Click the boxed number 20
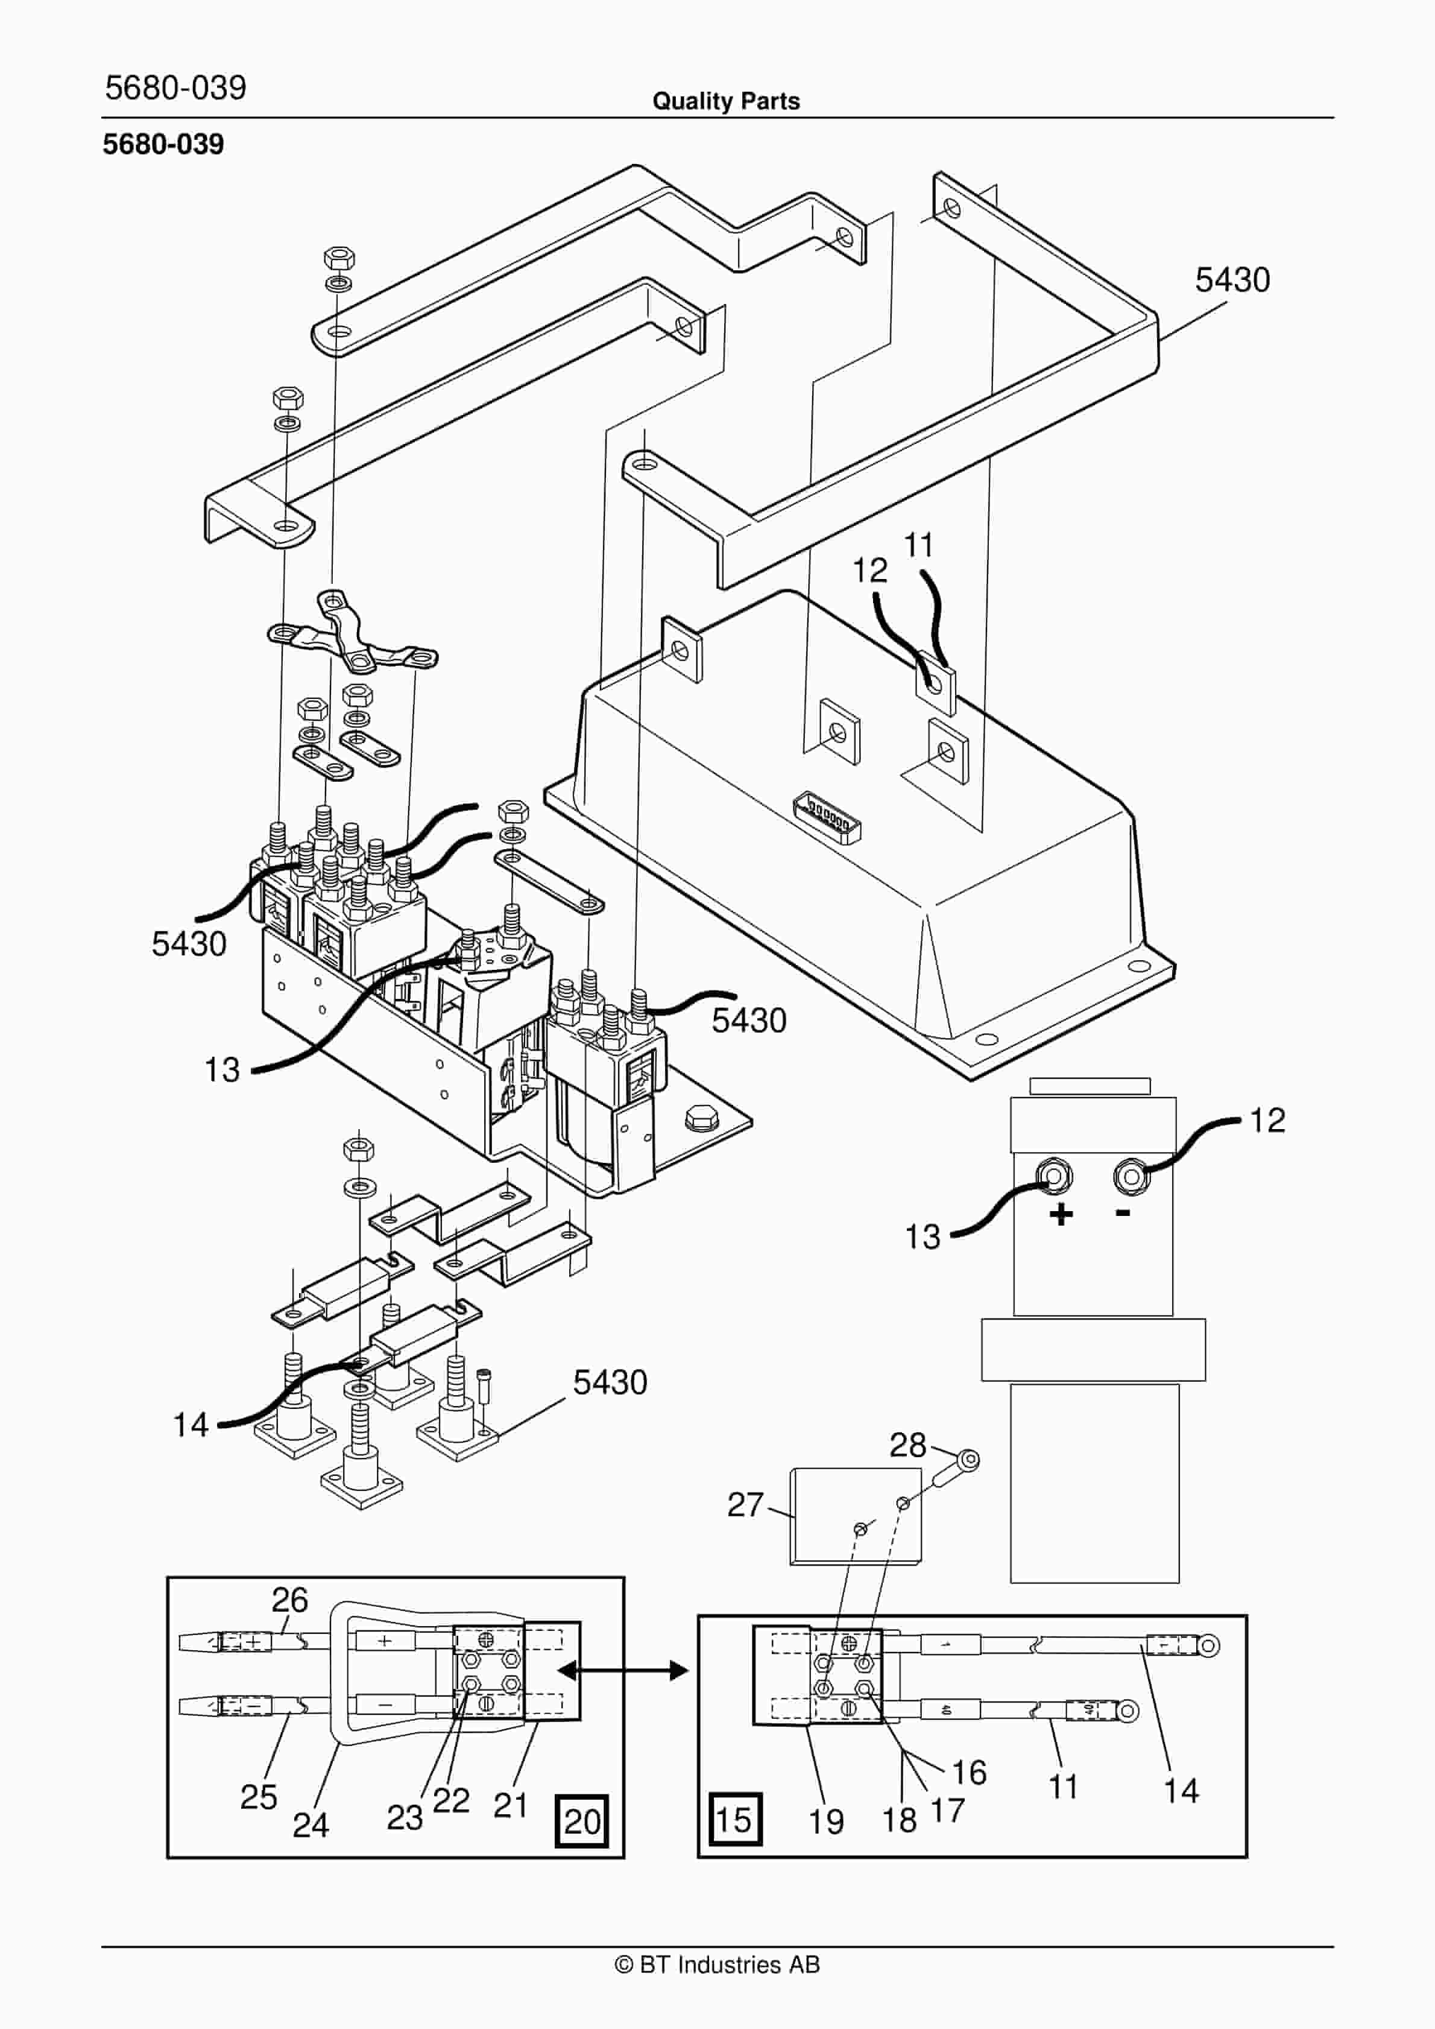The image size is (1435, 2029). click(x=581, y=1822)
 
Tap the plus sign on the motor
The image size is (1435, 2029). click(x=1061, y=1214)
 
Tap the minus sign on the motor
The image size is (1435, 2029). click(x=1123, y=1212)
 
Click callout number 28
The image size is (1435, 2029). click(x=907, y=1445)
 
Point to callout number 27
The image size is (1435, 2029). click(x=745, y=1504)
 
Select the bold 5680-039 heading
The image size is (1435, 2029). click(x=163, y=144)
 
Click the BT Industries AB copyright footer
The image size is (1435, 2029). click(x=717, y=1964)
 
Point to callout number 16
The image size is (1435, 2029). click(x=968, y=1772)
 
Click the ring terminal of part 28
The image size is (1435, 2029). click(x=968, y=1459)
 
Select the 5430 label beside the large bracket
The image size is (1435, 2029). click(x=1232, y=280)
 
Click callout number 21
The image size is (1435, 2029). click(x=511, y=1805)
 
